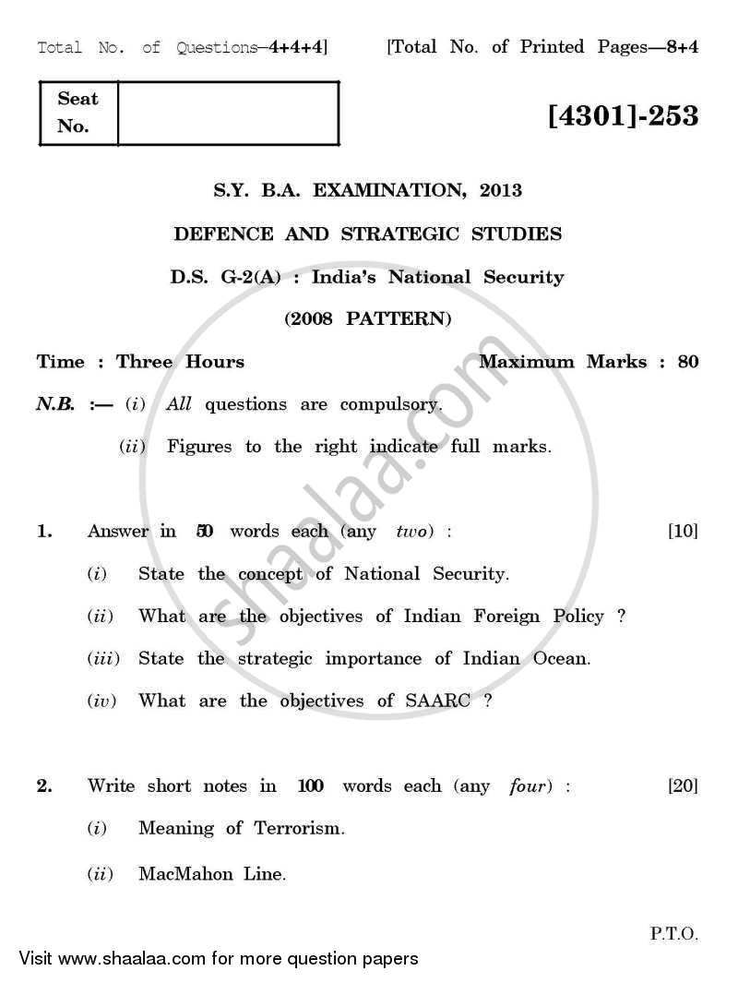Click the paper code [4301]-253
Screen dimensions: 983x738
point(623,117)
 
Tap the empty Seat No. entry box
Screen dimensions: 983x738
point(228,113)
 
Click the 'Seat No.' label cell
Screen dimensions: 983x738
point(78,113)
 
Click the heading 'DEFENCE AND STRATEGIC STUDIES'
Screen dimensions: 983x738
point(368,234)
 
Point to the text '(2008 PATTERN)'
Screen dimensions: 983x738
point(368,319)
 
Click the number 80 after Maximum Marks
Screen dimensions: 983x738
point(688,362)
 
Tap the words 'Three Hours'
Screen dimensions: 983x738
point(180,362)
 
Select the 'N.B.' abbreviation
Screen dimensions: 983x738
point(54,404)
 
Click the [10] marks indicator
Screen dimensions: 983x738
point(683,531)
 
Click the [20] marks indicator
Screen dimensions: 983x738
point(683,785)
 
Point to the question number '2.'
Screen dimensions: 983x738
point(44,785)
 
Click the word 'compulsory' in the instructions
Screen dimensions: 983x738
point(391,404)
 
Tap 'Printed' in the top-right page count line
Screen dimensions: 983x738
point(551,47)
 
